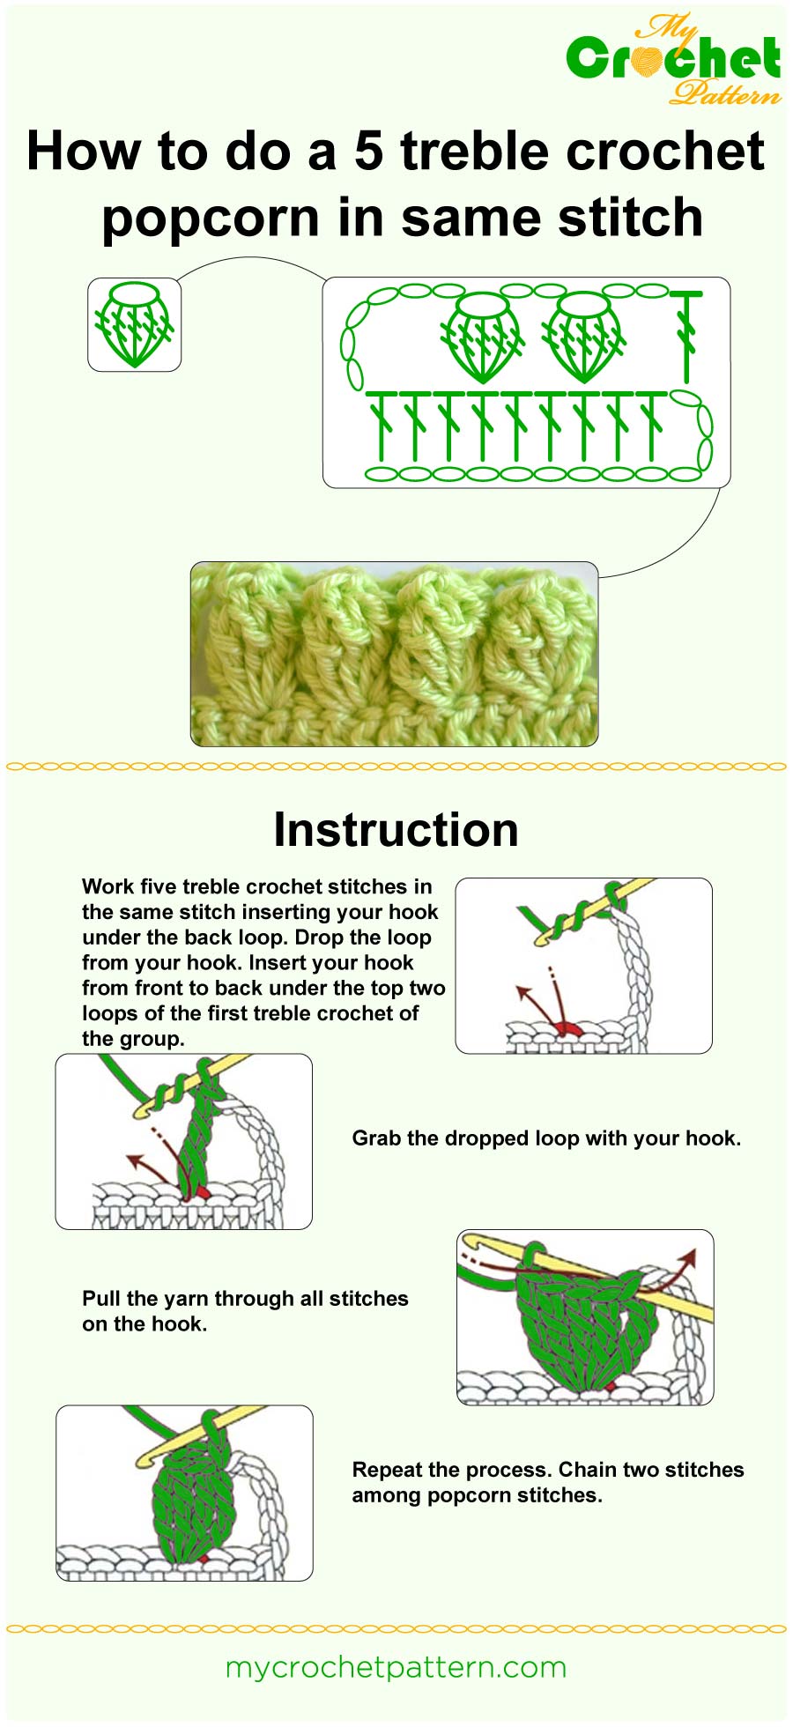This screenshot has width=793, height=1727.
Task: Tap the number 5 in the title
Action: pos(368,151)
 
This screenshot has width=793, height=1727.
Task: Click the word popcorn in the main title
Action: pos(210,218)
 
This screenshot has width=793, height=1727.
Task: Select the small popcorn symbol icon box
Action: pos(134,324)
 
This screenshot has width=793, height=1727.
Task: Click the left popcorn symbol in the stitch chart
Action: pos(481,336)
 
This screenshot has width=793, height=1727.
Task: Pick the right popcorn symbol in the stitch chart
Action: pos(582,336)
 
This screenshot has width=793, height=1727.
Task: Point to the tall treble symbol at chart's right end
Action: pos(686,335)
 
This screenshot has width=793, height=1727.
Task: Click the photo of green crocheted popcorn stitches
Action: pos(394,654)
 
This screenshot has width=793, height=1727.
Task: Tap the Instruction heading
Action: pos(396,830)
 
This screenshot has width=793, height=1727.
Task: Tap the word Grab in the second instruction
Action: pos(374,1138)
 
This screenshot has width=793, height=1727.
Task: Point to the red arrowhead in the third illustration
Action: pos(690,1256)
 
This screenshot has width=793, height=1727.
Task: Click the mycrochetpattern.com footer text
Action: pos(396,1667)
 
